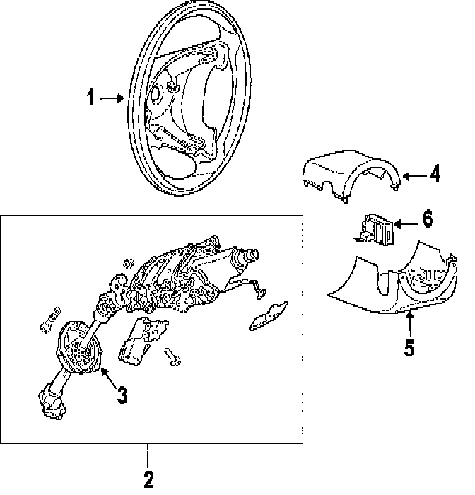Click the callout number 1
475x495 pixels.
90,98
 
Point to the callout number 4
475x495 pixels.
435,173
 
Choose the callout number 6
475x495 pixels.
427,219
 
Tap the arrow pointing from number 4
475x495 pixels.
412,173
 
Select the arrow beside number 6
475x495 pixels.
405,223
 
